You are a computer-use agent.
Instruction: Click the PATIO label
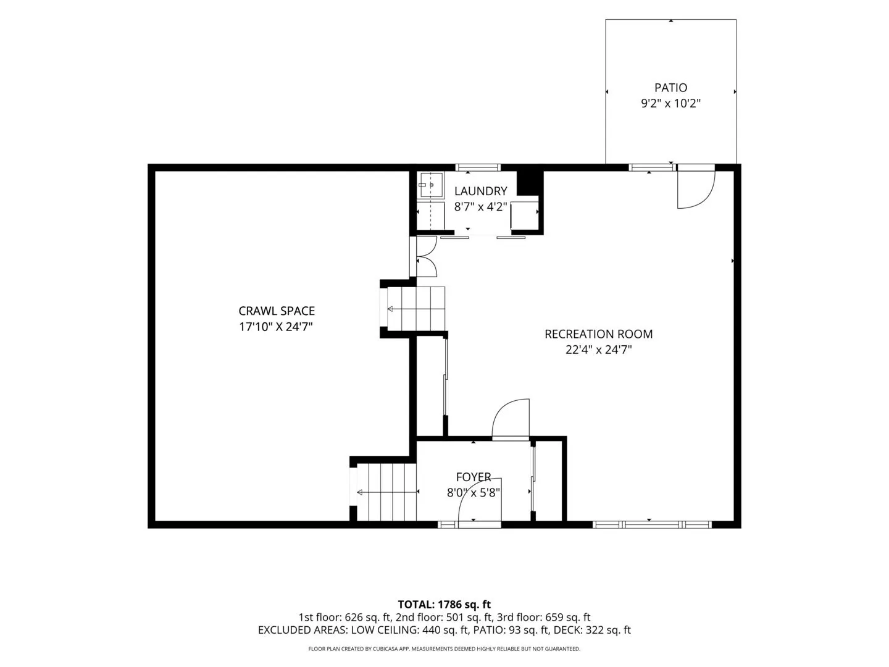(x=670, y=88)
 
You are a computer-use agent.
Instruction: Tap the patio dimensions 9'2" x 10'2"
(x=670, y=103)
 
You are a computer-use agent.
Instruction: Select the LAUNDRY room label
(x=480, y=191)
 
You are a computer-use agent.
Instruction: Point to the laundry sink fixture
(x=430, y=185)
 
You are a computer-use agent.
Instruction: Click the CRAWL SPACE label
(x=276, y=311)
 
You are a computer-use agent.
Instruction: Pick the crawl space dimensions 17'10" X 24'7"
(x=276, y=327)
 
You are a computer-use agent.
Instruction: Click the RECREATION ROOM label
(x=598, y=333)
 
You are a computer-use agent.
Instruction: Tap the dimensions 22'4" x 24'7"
(x=598, y=350)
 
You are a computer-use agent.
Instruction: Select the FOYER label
(x=473, y=477)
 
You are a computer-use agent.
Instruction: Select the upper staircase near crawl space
(x=416, y=309)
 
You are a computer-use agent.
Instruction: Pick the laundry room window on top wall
(x=478, y=167)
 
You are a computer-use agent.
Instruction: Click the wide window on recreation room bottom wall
(x=652, y=524)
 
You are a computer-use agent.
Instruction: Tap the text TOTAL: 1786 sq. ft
(x=444, y=605)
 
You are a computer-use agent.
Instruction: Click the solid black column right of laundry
(x=529, y=183)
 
